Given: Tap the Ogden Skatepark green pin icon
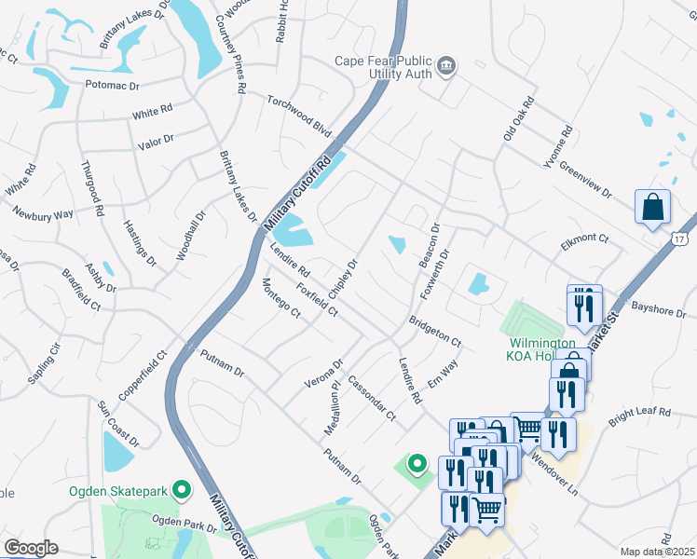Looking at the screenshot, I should pos(183,488).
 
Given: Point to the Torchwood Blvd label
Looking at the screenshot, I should pos(299,113).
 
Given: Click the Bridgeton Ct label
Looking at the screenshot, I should pos(434,332).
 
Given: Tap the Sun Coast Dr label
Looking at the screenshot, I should pos(118,423).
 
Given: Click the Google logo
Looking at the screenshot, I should pos(31,548).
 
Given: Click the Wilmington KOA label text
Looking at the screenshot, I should pos(532,348).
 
